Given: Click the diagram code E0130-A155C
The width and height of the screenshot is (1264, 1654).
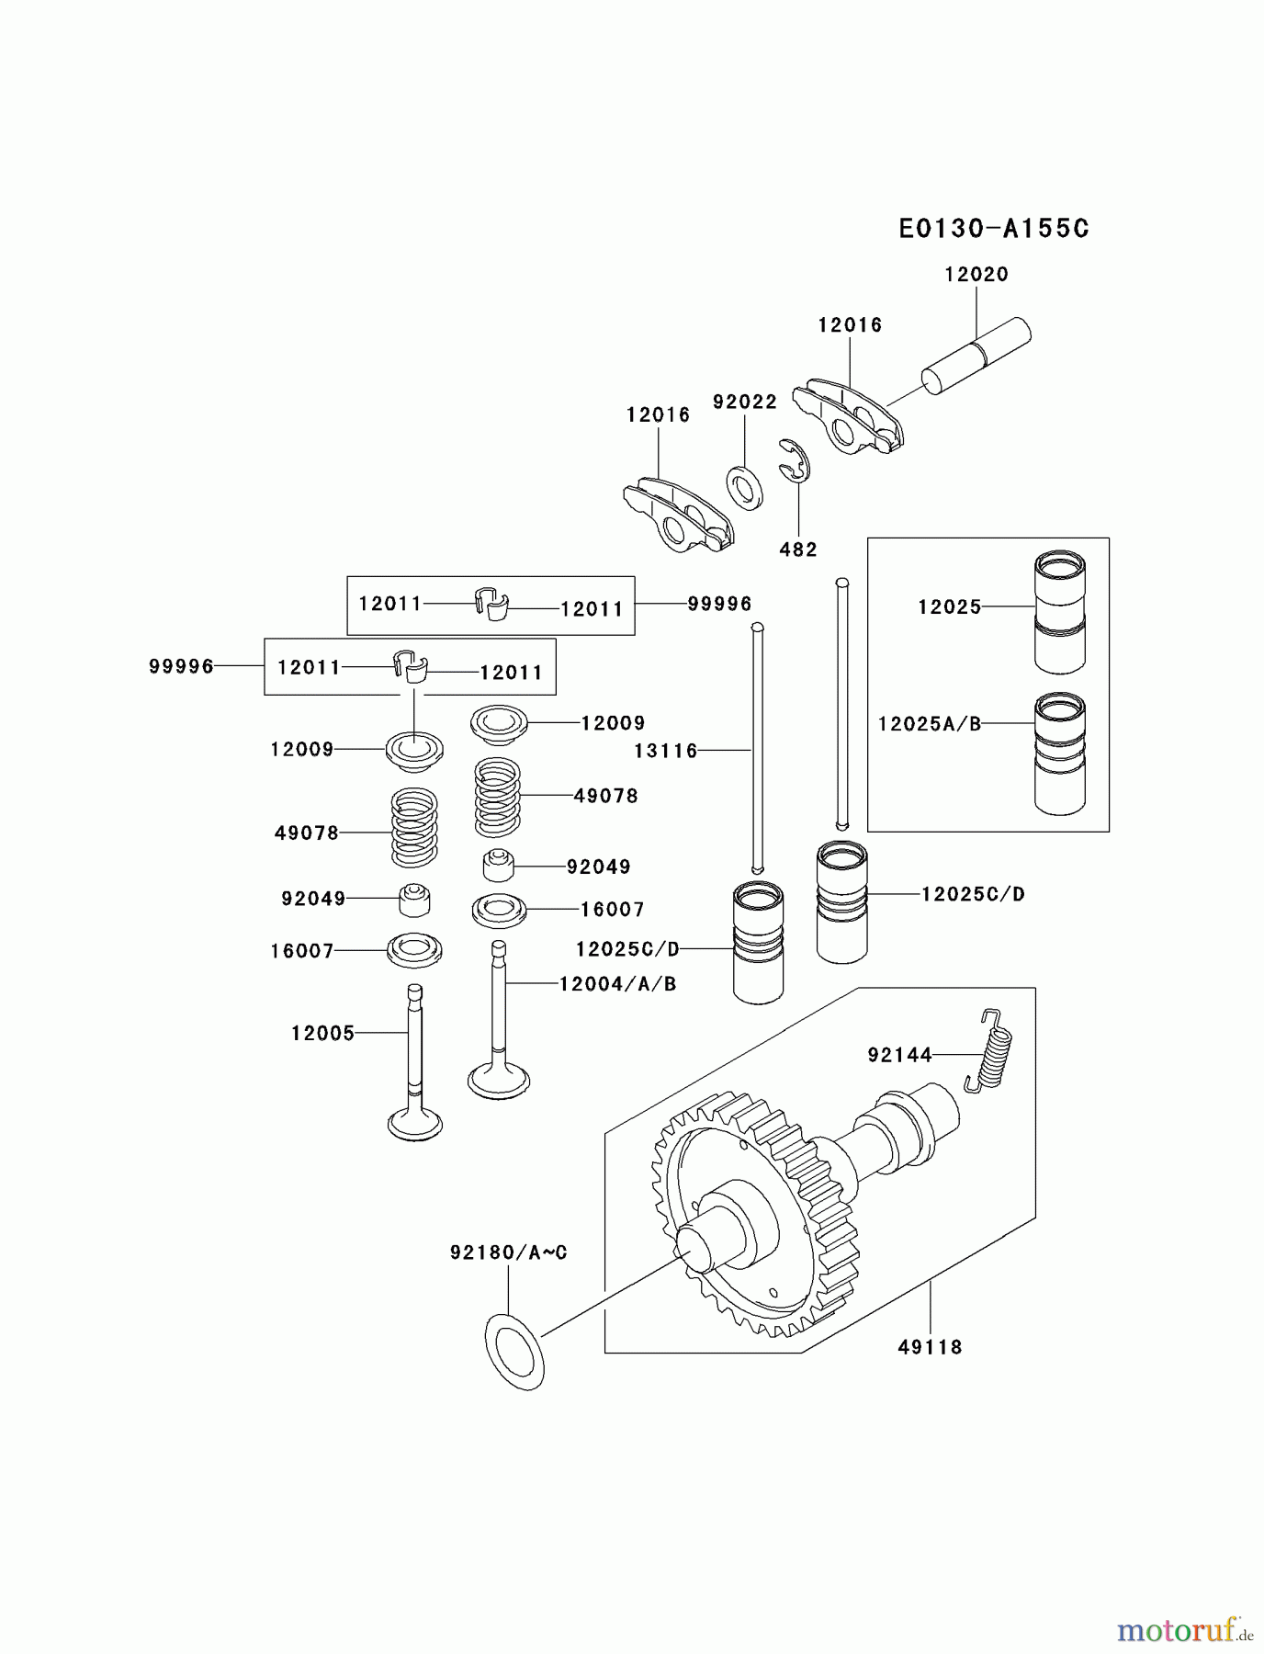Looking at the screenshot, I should coord(994,228).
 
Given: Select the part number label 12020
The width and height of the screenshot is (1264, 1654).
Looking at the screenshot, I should coord(976,274).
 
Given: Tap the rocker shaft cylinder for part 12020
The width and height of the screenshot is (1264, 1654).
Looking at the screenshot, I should coord(976,356).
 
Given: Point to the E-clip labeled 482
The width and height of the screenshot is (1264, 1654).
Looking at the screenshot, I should coord(796,460).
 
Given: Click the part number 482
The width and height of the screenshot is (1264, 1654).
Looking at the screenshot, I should coord(797,549).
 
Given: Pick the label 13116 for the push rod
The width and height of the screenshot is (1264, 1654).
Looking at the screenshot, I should coord(666,751).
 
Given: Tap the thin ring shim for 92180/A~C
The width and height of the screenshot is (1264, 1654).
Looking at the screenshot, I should coord(514,1351).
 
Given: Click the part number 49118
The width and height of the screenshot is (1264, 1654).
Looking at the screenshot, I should coord(930,1347).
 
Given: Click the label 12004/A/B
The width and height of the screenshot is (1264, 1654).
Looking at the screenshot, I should coord(617,984).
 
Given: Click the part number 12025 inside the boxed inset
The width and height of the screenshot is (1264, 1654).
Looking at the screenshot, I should coord(949,606).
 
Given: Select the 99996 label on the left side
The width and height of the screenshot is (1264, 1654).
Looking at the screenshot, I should coord(181,666).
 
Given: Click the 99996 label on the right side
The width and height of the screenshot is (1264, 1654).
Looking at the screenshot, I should coord(719,604).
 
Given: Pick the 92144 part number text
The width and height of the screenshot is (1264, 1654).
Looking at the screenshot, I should coord(899,1055).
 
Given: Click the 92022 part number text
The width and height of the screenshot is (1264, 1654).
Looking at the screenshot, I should coord(744,402).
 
